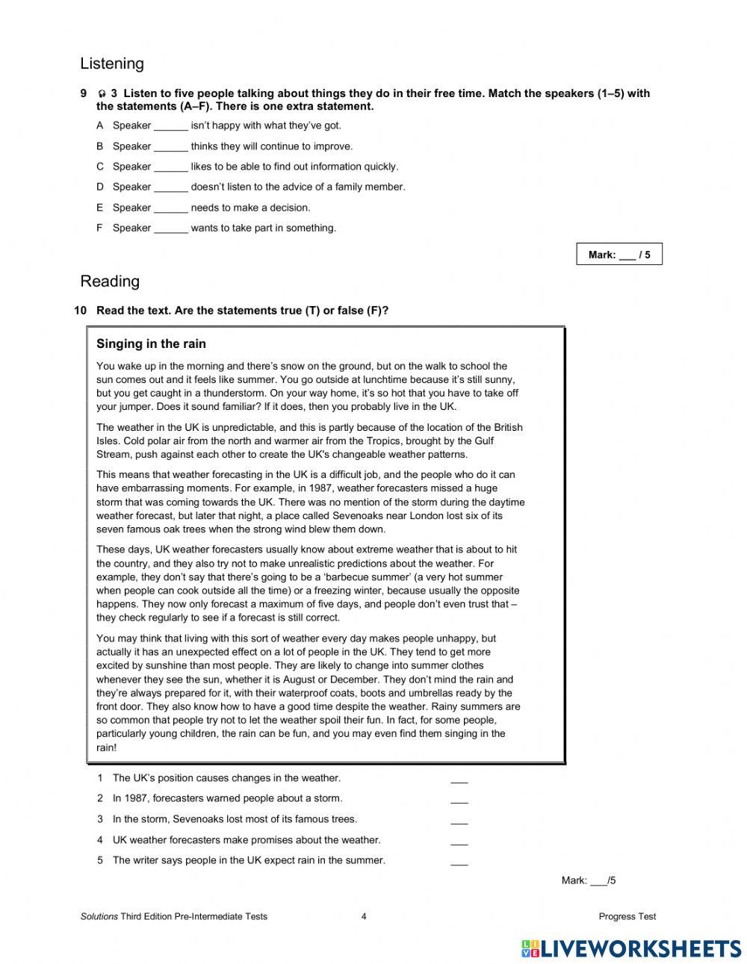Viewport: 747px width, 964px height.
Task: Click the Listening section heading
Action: [111, 63]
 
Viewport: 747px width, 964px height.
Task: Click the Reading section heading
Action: [110, 282]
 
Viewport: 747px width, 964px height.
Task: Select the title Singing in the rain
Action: [151, 344]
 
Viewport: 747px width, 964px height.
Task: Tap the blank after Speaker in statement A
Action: [170, 126]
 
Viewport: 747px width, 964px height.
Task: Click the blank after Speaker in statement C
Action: [170, 167]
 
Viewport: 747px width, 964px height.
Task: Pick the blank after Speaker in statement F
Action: [170, 228]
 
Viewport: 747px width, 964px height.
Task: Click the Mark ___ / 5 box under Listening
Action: [619, 255]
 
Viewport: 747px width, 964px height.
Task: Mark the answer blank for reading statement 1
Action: [459, 779]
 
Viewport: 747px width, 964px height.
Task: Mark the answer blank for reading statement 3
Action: [459, 820]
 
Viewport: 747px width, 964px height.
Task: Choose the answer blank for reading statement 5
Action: [459, 861]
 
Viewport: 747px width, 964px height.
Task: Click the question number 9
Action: [83, 93]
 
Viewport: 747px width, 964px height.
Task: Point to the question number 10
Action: [81, 311]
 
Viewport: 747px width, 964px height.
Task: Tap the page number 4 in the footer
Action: [364, 916]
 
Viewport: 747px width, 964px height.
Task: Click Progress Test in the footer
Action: [627, 916]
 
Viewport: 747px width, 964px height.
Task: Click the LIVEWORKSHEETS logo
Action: [630, 948]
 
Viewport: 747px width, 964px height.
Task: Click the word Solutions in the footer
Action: [99, 916]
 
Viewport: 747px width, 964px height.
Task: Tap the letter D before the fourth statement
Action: [99, 187]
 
